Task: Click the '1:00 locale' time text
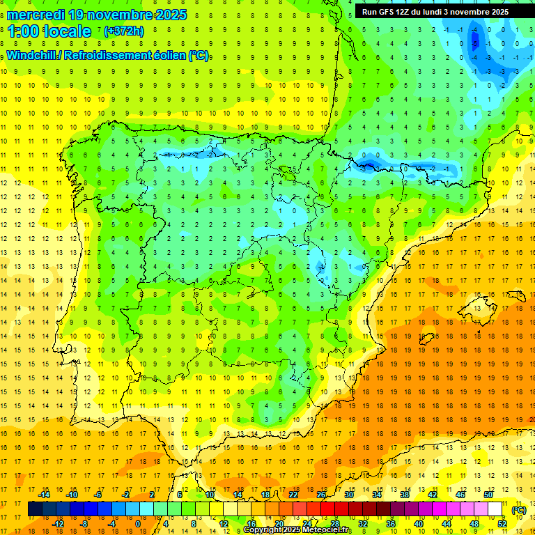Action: click(49, 31)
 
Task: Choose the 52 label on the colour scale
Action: click(502, 524)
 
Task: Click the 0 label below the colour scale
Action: click(137, 524)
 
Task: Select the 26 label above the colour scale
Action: click(321, 494)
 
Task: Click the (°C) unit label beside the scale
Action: click(518, 510)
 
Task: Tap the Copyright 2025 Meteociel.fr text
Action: click(297, 530)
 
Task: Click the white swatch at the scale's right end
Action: click(495, 509)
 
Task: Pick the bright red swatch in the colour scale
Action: click(328, 509)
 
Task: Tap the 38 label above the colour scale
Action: click(405, 494)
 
